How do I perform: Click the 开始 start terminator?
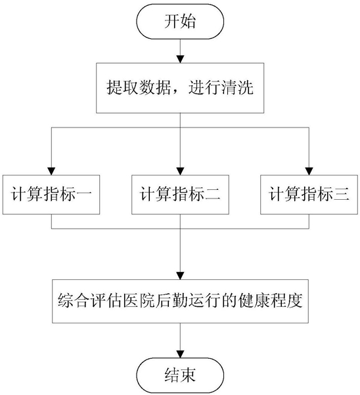[x=180, y=22]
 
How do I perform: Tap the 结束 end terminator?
[x=180, y=375]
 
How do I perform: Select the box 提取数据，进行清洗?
[x=180, y=88]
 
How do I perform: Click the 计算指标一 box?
[x=51, y=195]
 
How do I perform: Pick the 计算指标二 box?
[x=180, y=195]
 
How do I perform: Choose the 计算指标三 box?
[x=309, y=195]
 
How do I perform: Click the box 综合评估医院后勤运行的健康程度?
[x=180, y=301]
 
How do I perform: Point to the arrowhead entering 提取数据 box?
[x=180, y=59]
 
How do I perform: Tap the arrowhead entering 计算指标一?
[x=51, y=172]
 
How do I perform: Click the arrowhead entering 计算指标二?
[x=180, y=172]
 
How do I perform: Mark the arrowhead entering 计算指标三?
[x=309, y=172]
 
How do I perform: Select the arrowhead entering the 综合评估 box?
[x=180, y=276]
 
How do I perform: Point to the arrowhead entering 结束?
[x=180, y=354]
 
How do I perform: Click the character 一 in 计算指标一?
[x=84, y=195]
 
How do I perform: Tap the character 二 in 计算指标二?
[x=213, y=195]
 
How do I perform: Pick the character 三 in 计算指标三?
[x=342, y=195]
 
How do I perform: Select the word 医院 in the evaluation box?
[x=139, y=300]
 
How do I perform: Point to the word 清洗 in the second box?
[x=237, y=87]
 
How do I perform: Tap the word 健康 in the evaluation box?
[x=254, y=300]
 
